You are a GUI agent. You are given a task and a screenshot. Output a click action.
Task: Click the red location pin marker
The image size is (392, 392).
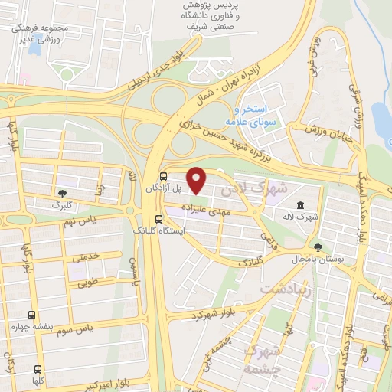(x=197, y=181)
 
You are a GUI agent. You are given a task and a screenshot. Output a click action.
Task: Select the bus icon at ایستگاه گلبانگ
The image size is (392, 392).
(x=158, y=217)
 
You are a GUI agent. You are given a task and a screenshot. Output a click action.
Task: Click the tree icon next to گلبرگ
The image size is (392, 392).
(x=61, y=193)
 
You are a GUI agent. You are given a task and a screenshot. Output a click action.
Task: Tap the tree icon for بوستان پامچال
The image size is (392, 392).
(x=318, y=247)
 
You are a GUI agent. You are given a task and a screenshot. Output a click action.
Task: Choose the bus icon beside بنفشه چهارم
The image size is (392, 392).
(x=31, y=315)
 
